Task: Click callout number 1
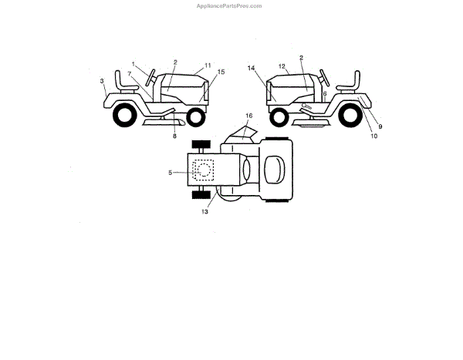click(x=133, y=64)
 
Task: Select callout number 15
click(x=221, y=72)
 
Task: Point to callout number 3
click(x=101, y=79)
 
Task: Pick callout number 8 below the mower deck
click(x=174, y=136)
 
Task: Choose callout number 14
click(x=252, y=68)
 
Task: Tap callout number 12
click(x=282, y=66)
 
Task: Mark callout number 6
click(x=325, y=93)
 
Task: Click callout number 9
click(x=379, y=125)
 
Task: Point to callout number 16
click(x=248, y=116)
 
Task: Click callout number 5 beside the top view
click(x=171, y=173)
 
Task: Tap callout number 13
click(x=204, y=210)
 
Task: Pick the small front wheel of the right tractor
click(x=278, y=116)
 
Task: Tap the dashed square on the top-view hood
click(x=204, y=170)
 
